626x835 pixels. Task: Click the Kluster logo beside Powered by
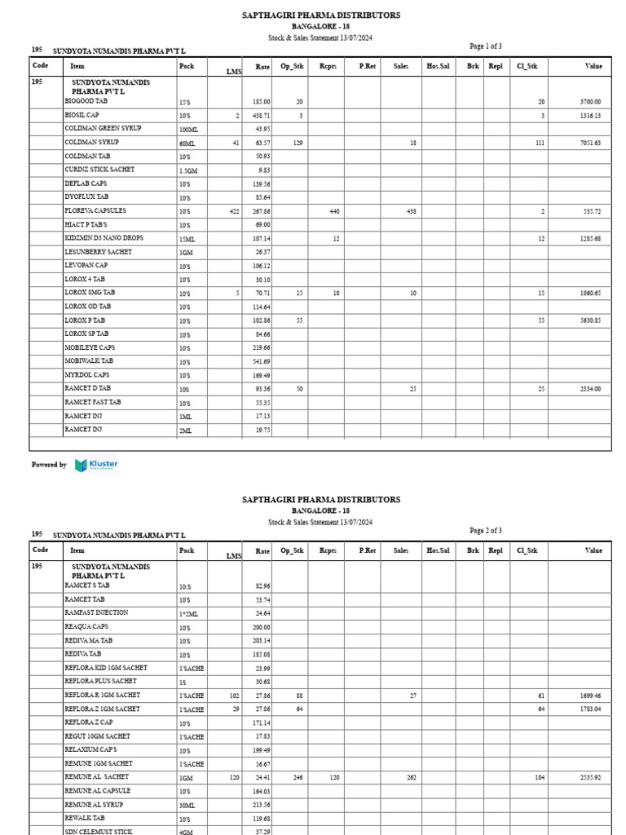[x=96, y=465]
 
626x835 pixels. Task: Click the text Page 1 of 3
[x=486, y=46]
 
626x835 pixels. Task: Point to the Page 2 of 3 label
[x=486, y=531]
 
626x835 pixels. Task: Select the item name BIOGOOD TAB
[x=86, y=102]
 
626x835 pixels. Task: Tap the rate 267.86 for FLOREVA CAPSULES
[x=261, y=211]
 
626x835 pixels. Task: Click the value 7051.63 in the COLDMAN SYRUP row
[x=589, y=143]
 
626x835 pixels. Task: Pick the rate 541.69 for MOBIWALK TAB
[x=261, y=361]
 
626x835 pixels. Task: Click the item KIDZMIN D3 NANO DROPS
[x=104, y=238]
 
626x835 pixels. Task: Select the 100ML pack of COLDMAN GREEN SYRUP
[x=188, y=130]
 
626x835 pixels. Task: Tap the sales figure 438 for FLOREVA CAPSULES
[x=411, y=211]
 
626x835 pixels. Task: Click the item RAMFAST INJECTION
[x=96, y=612]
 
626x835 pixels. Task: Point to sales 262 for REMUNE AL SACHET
[x=411, y=778]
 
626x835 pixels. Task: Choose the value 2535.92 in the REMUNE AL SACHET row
[x=589, y=778]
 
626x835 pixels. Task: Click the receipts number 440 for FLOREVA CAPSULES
[x=333, y=211]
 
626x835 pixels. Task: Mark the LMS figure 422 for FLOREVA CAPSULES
[x=233, y=211]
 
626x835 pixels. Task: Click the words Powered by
[x=49, y=465]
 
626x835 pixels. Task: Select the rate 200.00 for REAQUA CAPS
[x=261, y=627]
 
